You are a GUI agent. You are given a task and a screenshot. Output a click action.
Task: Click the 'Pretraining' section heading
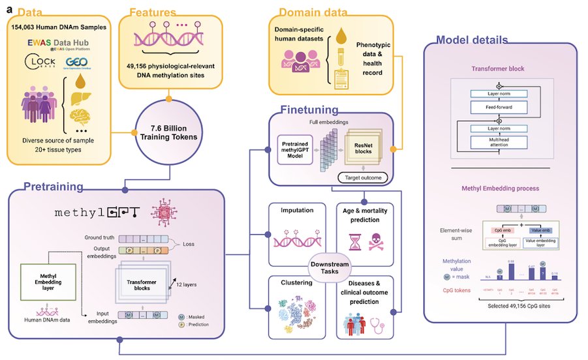54,187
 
